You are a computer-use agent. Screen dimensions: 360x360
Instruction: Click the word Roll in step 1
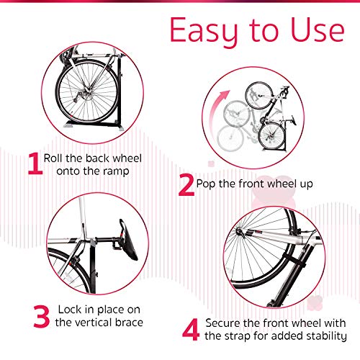pyautogui.click(x=56, y=158)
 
